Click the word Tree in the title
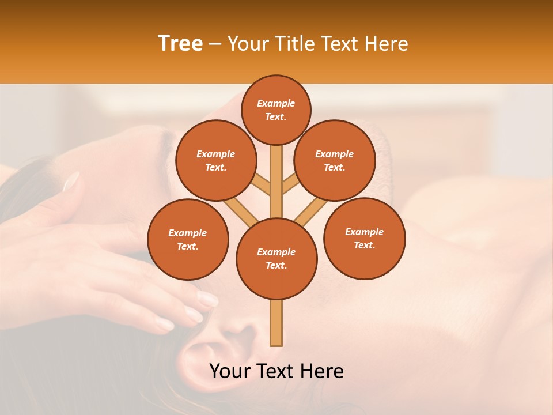(x=180, y=43)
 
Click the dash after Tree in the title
(x=215, y=44)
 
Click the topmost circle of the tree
(x=276, y=110)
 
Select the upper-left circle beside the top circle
(x=216, y=160)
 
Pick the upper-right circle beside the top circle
(x=335, y=160)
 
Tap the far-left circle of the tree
(x=188, y=239)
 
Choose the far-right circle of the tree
(x=364, y=238)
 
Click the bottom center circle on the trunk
(x=276, y=258)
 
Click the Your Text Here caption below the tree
(x=276, y=371)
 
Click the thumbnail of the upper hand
(x=71, y=181)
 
